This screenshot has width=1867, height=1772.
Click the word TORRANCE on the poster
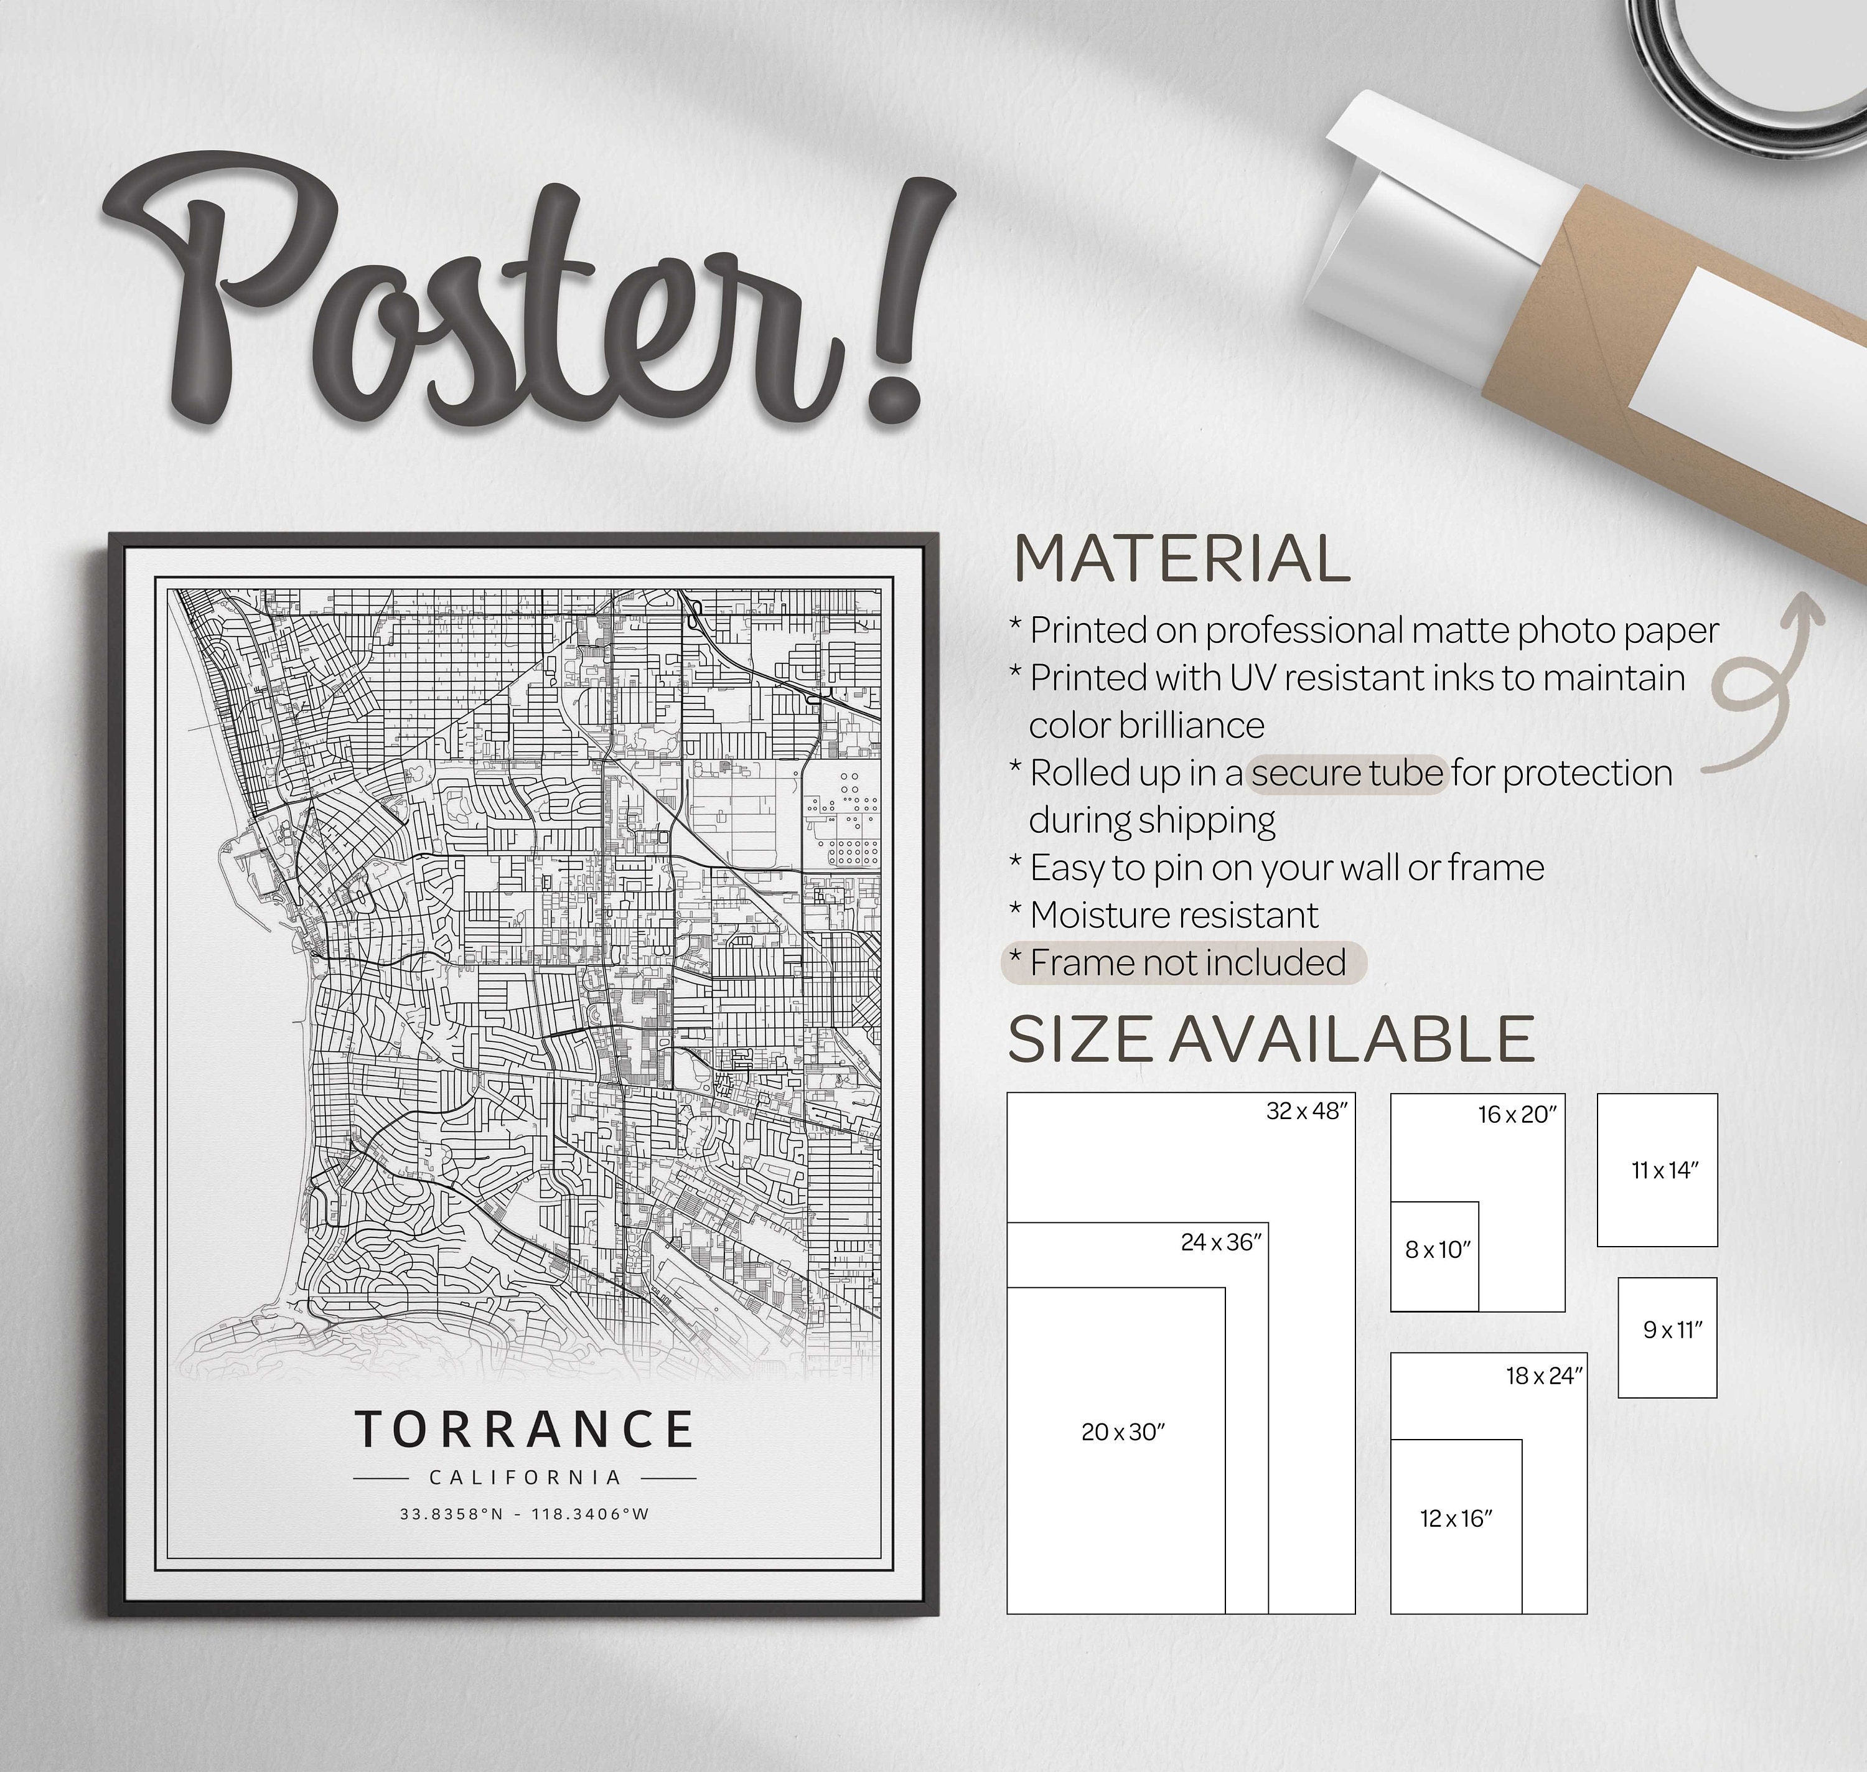524,1430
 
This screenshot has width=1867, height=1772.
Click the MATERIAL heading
1181,559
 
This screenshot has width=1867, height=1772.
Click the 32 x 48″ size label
1307,1112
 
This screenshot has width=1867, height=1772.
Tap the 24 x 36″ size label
1221,1242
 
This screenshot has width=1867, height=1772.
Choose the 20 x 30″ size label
1123,1432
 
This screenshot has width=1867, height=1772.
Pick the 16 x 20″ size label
1517,1115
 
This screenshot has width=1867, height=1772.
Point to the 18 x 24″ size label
1544,1376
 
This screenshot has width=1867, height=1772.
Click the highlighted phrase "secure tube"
1347,774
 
